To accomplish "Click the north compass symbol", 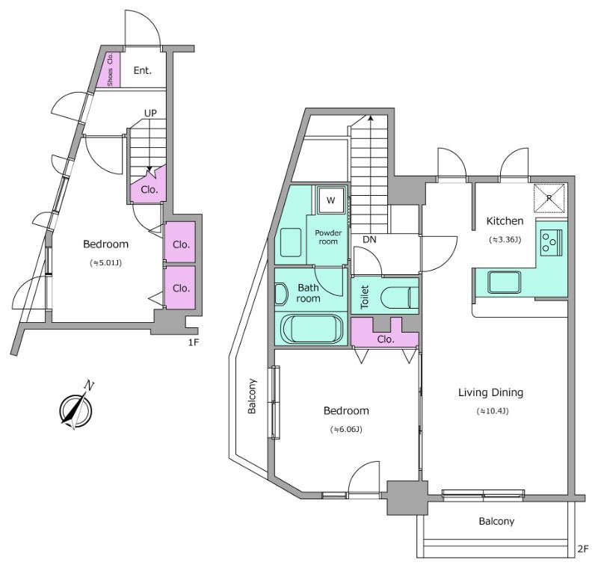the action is [x=77, y=408].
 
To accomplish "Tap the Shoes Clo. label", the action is [x=110, y=70].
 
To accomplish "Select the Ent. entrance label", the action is [x=143, y=70].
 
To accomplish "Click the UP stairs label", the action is [x=150, y=113].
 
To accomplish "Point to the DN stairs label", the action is [x=369, y=239].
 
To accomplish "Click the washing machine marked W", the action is [x=331, y=200].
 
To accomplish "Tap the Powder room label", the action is [x=328, y=237].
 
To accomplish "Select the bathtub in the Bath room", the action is [x=312, y=329].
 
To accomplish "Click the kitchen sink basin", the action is [x=504, y=282].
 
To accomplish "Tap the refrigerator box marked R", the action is [x=549, y=198].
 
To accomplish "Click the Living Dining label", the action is [x=490, y=392].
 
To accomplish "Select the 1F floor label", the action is [x=194, y=342].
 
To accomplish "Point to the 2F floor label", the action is [x=583, y=549].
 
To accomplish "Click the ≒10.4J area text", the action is [x=493, y=411].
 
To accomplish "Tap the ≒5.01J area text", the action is [x=105, y=262].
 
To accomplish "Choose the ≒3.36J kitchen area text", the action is [x=505, y=239].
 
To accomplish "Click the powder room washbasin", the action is [x=291, y=242].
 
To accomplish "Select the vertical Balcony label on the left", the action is [x=252, y=396].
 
